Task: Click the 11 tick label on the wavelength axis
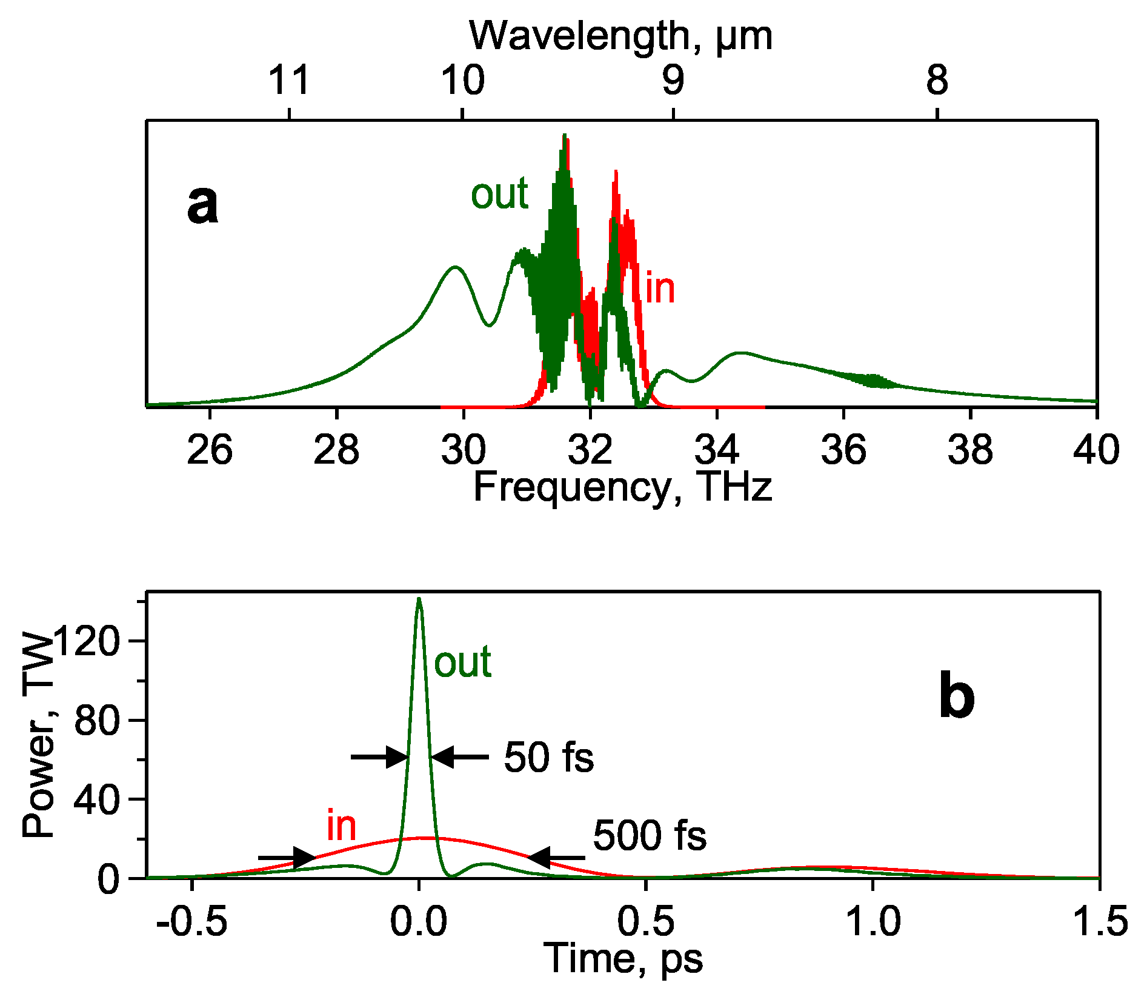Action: point(289,80)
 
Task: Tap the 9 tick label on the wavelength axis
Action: point(673,80)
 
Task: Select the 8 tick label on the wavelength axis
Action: point(937,80)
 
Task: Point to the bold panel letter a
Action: point(202,205)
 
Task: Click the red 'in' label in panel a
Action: point(660,289)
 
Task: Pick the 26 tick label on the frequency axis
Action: point(210,450)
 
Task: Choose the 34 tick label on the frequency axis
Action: point(717,450)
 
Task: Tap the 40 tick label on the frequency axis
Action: point(1095,450)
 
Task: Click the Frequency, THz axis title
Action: point(622,487)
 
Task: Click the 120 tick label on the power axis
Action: point(85,641)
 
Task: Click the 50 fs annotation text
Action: point(548,758)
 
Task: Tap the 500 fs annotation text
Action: point(649,836)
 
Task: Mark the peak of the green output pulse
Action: point(419,599)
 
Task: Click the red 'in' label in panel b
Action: point(341,826)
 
